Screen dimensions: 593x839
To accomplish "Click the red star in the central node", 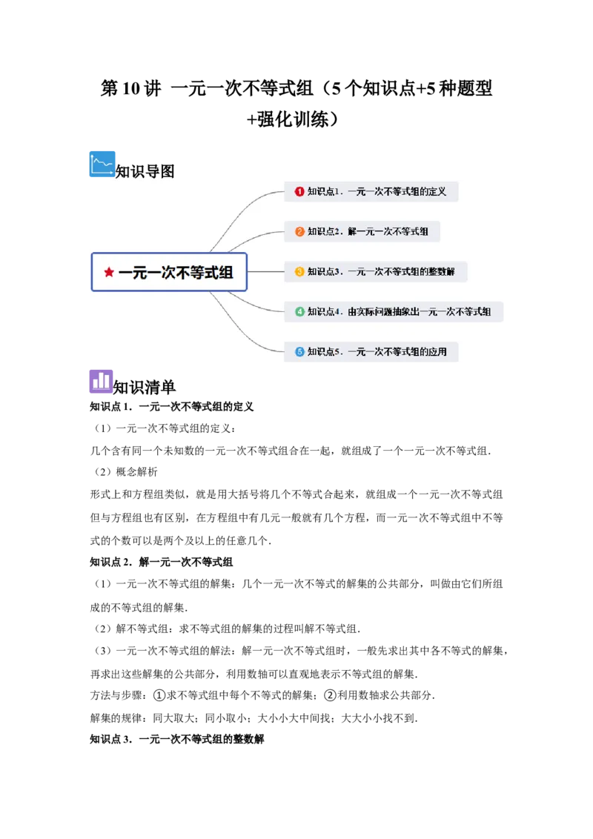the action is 109,272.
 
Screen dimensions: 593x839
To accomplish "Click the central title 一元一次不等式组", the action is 176,272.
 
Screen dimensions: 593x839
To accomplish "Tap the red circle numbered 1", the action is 299,191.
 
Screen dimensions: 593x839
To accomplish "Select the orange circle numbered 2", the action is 299,231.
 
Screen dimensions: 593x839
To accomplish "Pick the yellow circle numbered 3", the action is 299,271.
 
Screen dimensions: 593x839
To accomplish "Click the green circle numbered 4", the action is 299,311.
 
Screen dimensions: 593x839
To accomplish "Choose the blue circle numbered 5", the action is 299,351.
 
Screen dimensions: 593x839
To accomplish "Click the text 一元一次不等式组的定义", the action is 397,191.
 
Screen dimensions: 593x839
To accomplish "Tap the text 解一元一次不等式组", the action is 388,231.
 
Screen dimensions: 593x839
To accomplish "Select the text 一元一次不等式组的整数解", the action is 401,271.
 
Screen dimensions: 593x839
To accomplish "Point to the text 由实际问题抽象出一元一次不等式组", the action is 419,311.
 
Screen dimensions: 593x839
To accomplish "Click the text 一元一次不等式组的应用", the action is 397,351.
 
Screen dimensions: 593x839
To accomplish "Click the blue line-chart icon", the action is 102,163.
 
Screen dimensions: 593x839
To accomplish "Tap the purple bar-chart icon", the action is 102,381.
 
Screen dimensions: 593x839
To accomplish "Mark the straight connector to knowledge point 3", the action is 265,271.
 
